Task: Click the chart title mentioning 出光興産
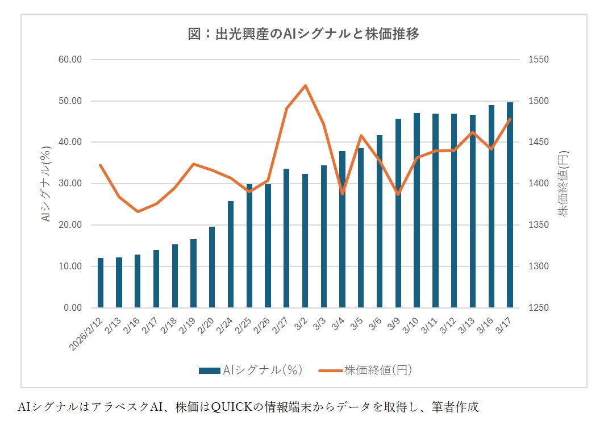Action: [x=303, y=34]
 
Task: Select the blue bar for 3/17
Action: [x=510, y=205]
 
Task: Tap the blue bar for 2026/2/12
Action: [x=101, y=282]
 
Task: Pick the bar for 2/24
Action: [x=231, y=254]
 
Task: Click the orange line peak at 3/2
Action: [x=305, y=86]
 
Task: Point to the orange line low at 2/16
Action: [x=138, y=211]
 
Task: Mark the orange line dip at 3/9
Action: [x=398, y=194]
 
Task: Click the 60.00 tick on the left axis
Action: [x=71, y=60]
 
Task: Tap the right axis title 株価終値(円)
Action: [x=563, y=184]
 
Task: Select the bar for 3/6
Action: [x=380, y=222]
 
